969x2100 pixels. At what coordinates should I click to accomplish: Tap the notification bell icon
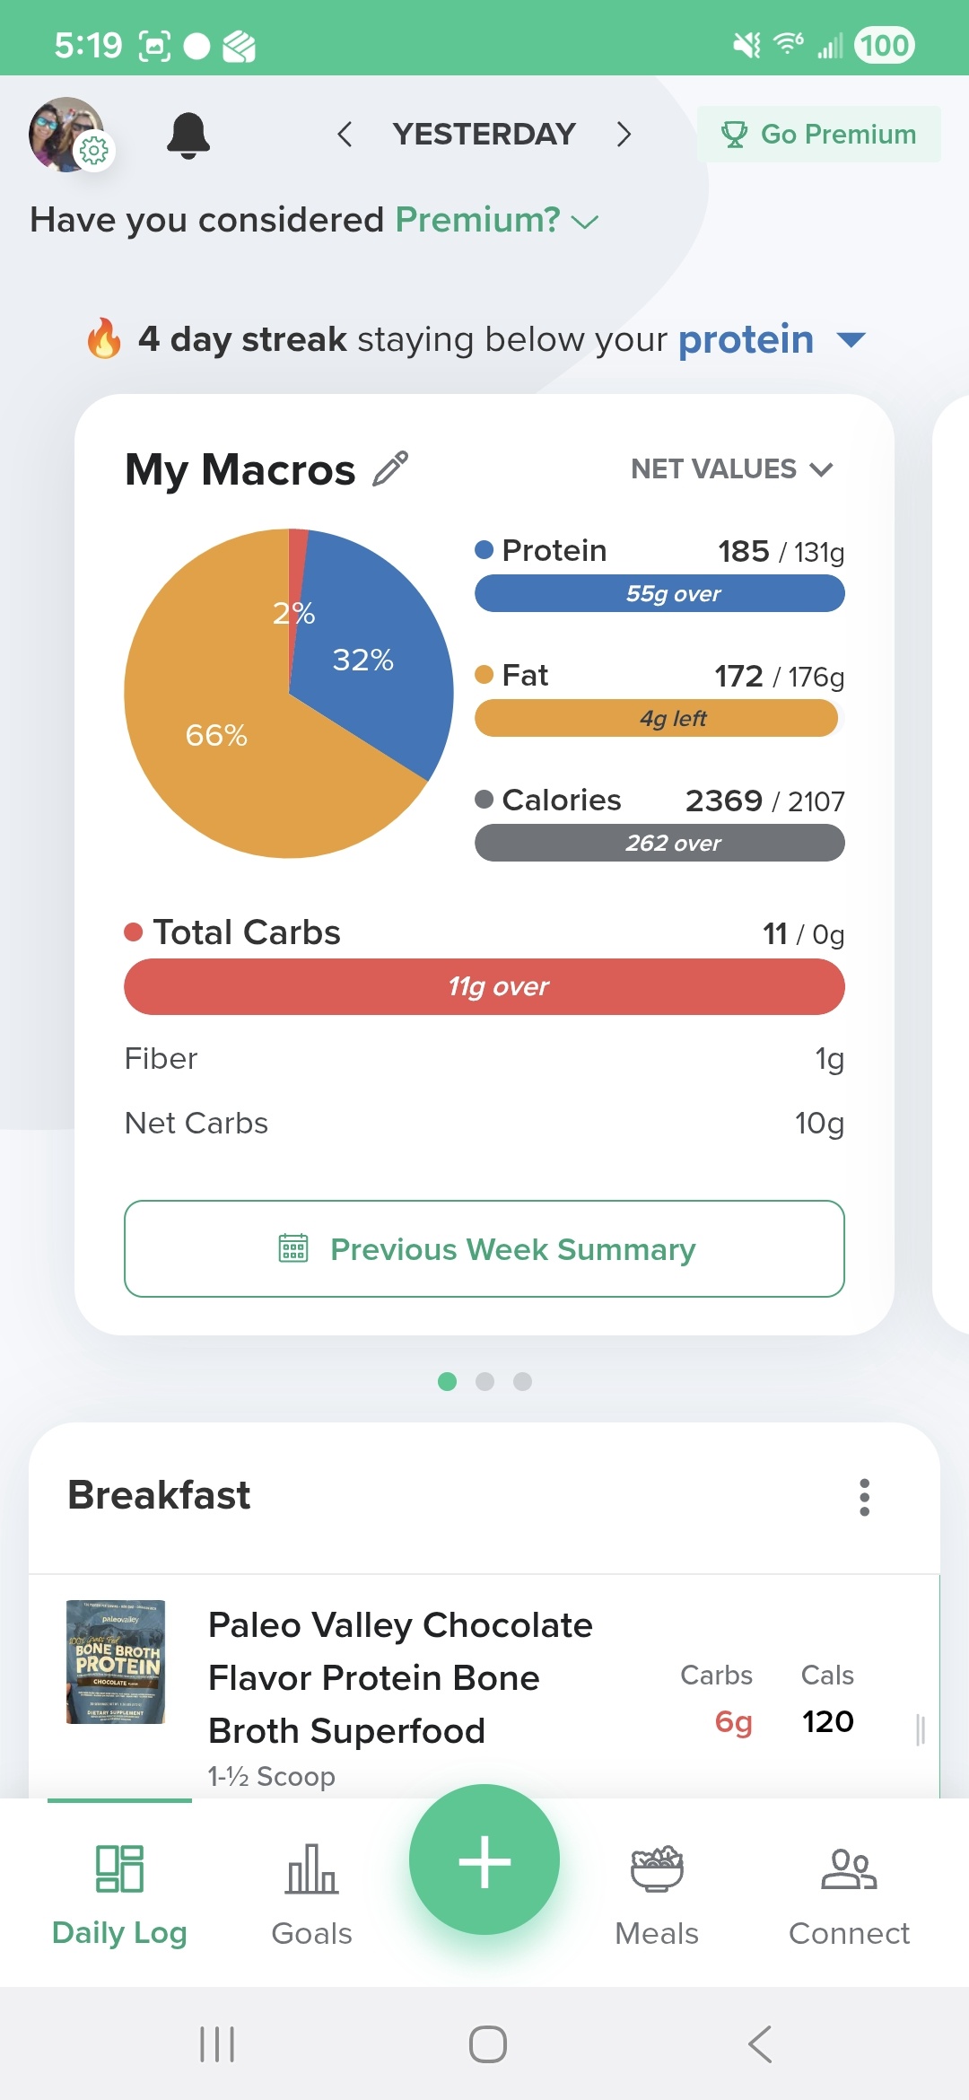point(188,136)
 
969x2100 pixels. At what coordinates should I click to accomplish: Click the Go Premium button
point(819,135)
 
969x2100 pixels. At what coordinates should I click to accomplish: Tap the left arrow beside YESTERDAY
point(345,135)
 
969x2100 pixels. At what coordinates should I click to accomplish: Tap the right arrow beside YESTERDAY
point(624,135)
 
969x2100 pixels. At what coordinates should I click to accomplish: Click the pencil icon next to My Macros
point(390,468)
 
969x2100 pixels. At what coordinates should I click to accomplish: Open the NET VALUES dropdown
point(731,468)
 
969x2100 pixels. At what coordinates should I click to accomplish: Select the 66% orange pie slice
point(224,754)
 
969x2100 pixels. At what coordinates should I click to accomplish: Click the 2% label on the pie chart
point(294,614)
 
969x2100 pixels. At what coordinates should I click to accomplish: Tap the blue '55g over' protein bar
point(659,593)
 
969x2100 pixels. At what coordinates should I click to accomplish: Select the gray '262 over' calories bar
point(659,843)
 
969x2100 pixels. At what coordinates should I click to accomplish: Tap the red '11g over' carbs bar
point(484,986)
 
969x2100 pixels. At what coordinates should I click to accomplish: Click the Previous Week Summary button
point(484,1248)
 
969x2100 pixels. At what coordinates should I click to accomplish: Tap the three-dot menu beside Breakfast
point(864,1497)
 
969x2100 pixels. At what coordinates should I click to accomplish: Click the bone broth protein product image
point(116,1662)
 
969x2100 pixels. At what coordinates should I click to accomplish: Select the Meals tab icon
point(657,1869)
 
